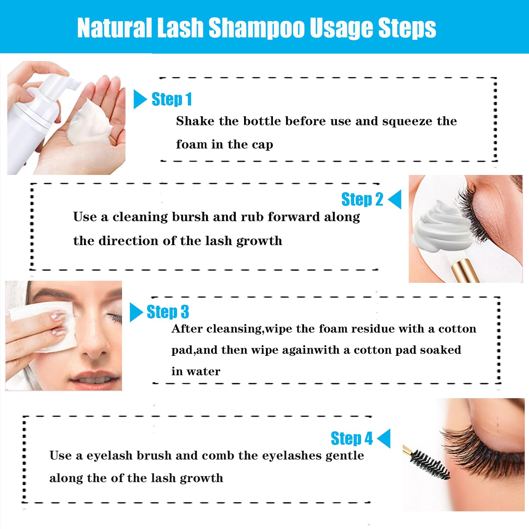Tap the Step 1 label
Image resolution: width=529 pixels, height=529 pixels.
pos(172,99)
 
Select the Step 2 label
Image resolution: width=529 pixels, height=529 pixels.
pos(362,199)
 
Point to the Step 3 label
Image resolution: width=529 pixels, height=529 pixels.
pos(168,312)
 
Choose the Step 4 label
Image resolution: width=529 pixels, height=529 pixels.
pos(352,438)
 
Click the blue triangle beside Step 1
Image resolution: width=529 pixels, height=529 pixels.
pos(140,99)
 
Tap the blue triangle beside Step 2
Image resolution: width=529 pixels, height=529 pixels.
pos(395,199)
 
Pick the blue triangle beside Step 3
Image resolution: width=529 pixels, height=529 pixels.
pos(136,312)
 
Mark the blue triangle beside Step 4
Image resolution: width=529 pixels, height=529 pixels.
pos(384,438)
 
